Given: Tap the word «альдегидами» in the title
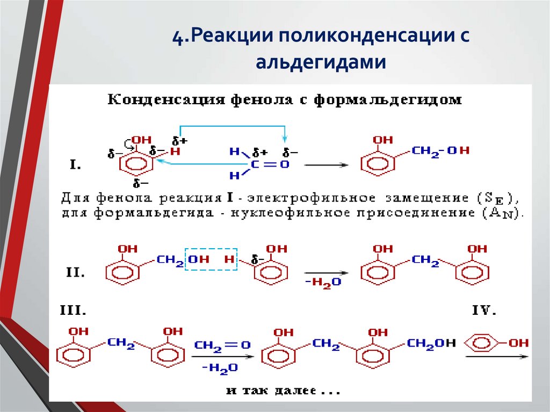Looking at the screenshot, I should click(321, 62).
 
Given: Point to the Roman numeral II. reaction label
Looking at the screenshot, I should click(75, 273).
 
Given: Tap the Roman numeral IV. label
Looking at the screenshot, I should click(483, 310).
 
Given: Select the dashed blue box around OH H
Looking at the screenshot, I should click(211, 259).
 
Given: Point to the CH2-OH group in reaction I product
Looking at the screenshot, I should click(440, 151).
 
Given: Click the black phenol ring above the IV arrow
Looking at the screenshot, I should click(481, 342).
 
